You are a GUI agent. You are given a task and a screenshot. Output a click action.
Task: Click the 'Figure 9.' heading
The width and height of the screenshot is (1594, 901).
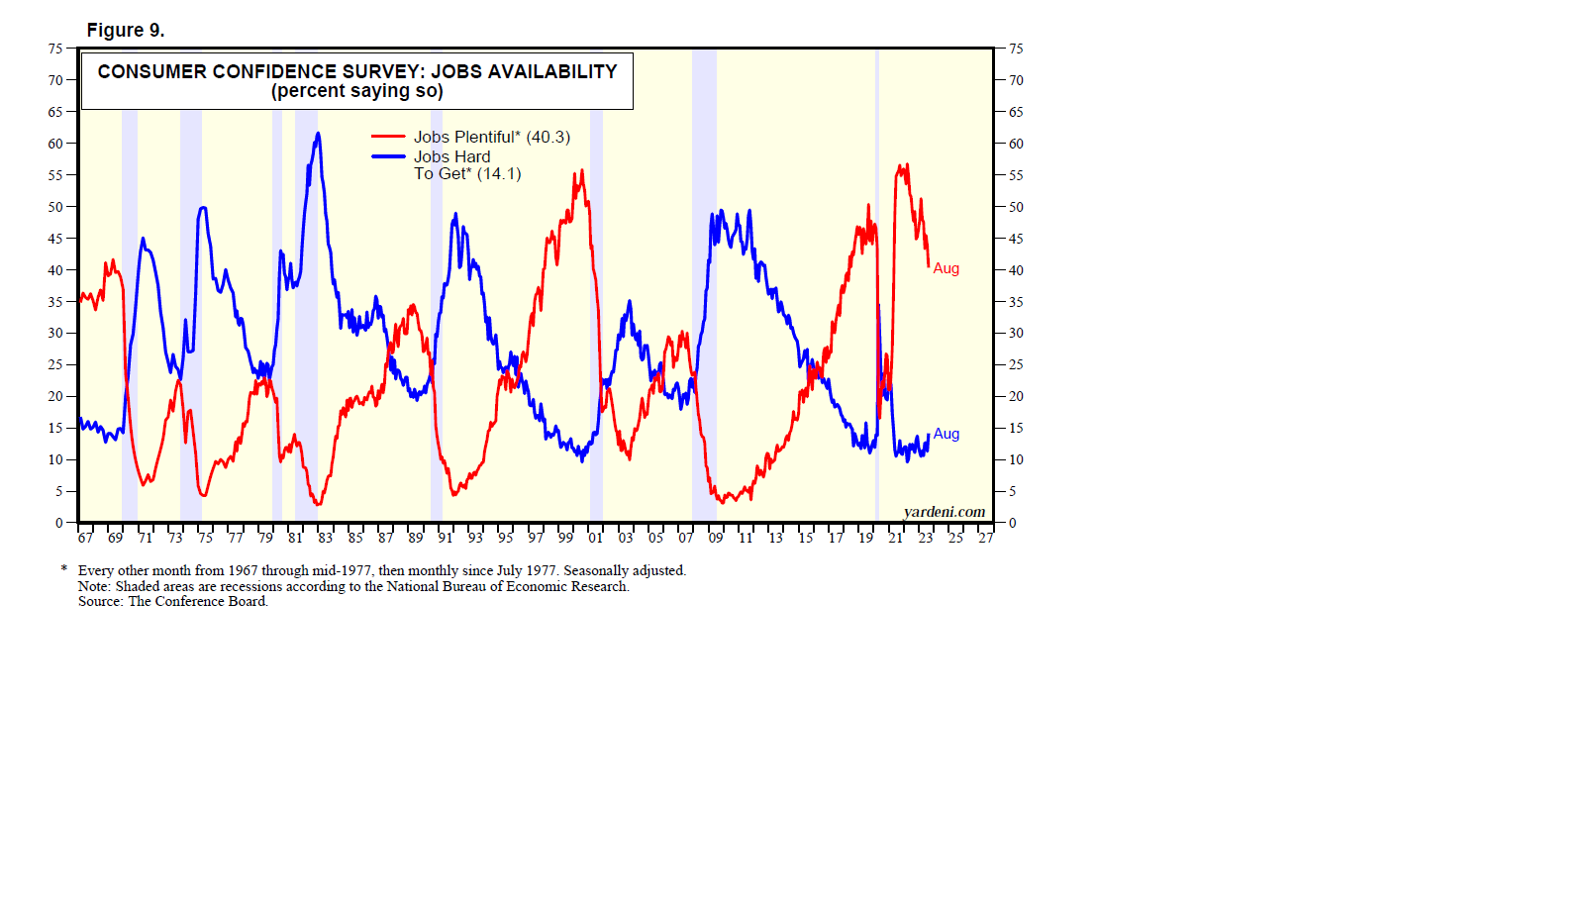(126, 31)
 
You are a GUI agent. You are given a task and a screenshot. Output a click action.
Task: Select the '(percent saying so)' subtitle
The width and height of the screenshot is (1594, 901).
(357, 91)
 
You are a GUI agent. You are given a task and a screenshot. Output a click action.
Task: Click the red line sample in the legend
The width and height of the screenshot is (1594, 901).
(388, 137)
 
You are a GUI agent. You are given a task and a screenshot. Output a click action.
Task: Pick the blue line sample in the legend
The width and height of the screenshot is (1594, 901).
(388, 156)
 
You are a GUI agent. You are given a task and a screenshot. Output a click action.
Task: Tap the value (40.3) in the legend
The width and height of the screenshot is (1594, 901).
(548, 138)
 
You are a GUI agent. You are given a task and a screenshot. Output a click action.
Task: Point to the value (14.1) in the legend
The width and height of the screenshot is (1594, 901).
(499, 174)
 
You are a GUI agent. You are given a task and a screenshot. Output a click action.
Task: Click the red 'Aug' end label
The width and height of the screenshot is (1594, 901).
(946, 268)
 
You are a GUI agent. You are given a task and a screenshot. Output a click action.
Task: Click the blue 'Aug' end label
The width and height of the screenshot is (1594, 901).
(946, 434)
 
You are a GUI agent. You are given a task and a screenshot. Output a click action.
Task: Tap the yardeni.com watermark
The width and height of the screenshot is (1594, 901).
(944, 512)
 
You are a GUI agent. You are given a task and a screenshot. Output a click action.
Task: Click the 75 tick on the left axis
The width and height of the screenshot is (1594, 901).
(55, 49)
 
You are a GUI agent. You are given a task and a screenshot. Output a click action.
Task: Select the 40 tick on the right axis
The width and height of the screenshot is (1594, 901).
(1016, 270)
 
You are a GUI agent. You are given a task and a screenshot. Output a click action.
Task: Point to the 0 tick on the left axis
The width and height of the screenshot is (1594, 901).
(59, 523)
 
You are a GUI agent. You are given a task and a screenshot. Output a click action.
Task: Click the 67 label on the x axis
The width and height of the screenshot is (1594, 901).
(85, 538)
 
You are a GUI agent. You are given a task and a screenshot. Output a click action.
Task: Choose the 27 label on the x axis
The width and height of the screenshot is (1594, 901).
(985, 538)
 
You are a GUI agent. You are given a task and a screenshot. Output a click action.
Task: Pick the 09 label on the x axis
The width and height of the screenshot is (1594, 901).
(716, 538)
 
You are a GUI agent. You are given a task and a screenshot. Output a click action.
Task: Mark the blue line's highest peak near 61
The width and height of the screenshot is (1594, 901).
(318, 134)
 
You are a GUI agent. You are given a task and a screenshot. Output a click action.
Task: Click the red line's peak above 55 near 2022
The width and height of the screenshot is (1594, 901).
(901, 167)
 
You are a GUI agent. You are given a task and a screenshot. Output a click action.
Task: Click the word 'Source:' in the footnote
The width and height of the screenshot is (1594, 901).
(100, 601)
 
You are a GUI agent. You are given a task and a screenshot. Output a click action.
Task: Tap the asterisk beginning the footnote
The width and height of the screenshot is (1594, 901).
(64, 569)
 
